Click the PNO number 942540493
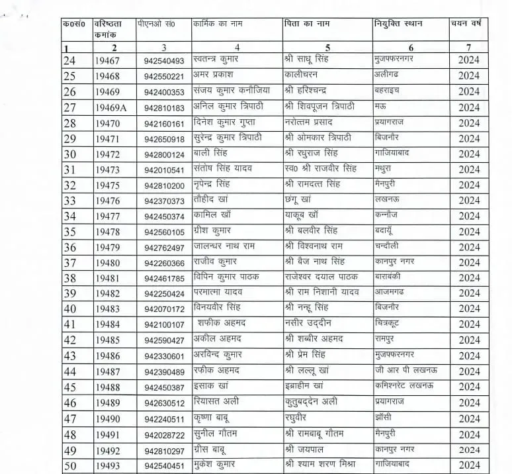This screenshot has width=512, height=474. point(163,61)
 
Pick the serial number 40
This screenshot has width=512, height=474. point(69,309)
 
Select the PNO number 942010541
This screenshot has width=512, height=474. point(163,169)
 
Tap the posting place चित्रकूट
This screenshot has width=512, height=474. point(390,323)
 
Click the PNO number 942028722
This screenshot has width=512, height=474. point(163,435)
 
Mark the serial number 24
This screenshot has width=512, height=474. point(69,61)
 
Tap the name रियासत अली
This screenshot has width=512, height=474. point(218,401)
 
